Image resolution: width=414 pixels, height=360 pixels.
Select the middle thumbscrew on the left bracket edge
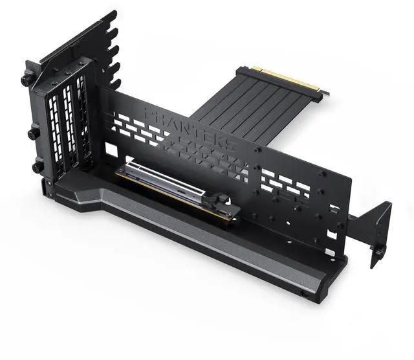[32, 134]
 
